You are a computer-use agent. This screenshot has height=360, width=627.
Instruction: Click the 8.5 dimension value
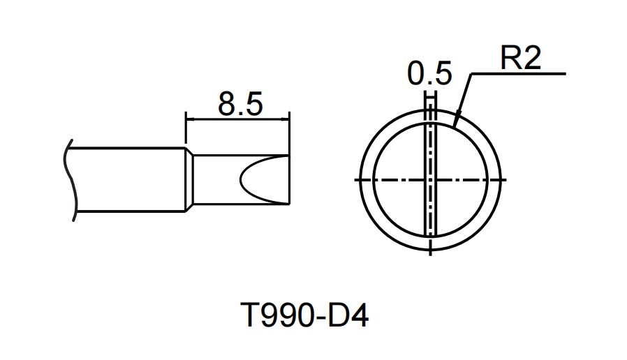click(x=239, y=104)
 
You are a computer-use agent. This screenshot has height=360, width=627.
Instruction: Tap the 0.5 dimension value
click(x=430, y=74)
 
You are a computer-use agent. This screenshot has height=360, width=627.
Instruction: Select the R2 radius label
click(x=521, y=59)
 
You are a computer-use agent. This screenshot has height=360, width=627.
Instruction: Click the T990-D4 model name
click(x=304, y=317)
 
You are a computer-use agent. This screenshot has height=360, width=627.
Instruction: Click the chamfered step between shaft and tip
click(x=189, y=180)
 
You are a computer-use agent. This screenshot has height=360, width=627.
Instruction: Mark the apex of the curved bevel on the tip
click(x=241, y=180)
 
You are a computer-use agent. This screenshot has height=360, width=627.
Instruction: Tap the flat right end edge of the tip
click(x=288, y=180)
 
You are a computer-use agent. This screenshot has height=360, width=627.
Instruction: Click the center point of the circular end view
click(x=431, y=180)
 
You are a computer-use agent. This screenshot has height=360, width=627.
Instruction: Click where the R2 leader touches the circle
click(x=455, y=126)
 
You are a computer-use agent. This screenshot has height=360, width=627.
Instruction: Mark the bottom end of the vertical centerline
click(x=431, y=255)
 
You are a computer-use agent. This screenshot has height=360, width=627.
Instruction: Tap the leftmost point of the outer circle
click(x=357, y=180)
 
